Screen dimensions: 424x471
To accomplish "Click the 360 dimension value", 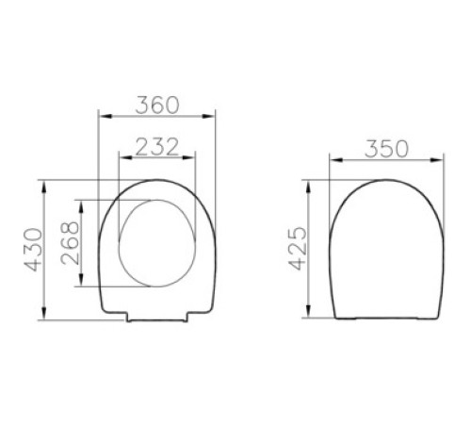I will tap(156, 106).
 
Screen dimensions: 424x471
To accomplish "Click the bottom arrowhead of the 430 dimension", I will tap(45, 316).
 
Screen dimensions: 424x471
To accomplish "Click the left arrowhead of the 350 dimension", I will tap(329, 160).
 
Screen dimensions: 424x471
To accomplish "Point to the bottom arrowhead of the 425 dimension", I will tap(314, 316).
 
